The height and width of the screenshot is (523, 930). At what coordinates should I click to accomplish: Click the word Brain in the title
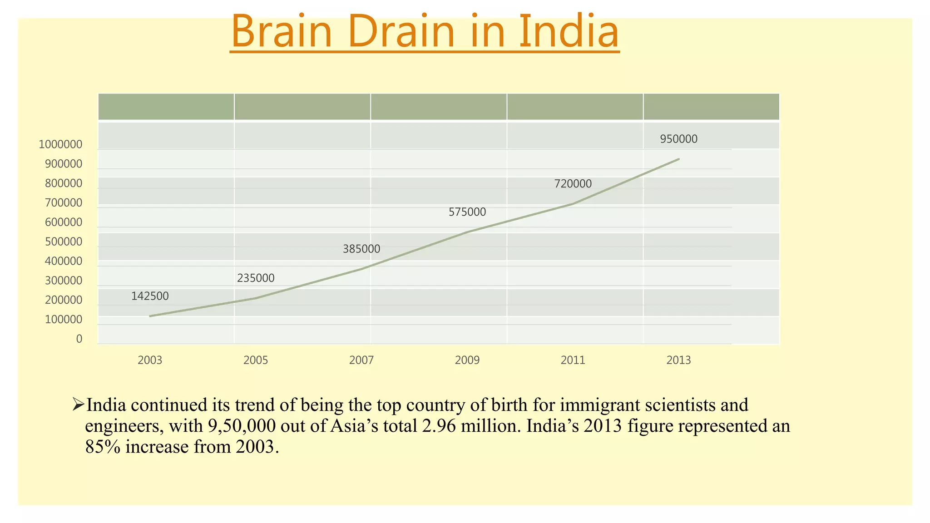282,32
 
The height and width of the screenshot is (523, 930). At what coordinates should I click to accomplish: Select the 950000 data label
678,139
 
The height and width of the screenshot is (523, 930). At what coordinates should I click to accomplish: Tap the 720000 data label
573,184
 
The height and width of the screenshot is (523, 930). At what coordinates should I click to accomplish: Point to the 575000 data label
467,212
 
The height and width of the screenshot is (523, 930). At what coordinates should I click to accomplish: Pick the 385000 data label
361,249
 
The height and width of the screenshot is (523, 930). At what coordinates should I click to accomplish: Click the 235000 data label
256,278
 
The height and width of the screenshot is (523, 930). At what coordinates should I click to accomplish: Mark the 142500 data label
150,296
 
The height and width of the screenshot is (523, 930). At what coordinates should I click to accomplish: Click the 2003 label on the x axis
150,360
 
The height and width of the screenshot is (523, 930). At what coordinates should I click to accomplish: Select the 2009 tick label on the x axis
467,360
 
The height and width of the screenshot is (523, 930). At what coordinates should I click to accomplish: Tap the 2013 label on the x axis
678,360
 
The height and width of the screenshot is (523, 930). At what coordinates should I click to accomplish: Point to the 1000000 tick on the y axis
60,144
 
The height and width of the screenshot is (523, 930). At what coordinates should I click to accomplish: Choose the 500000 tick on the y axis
64,242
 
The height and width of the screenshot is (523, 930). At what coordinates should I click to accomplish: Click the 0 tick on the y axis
79,339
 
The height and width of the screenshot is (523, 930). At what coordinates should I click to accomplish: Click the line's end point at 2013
678,159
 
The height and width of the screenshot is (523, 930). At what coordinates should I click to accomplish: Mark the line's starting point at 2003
150,316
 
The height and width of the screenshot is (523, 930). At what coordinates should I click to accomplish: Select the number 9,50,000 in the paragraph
242,426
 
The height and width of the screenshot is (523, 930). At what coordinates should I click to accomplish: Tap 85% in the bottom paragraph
103,447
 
